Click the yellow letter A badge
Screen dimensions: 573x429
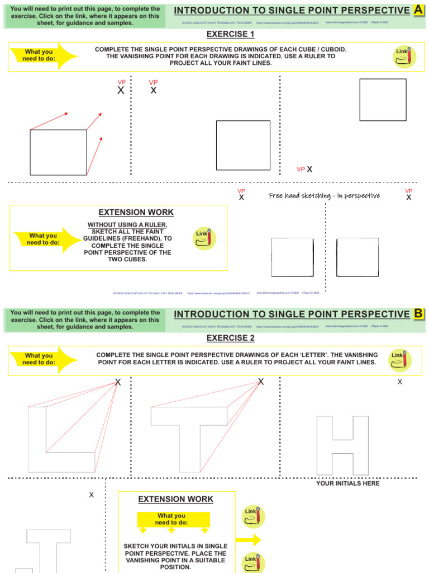pyautogui.click(x=418, y=10)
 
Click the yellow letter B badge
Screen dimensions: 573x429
pyautogui.click(x=418, y=314)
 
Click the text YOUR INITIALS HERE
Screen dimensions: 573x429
pyautogui.click(x=347, y=483)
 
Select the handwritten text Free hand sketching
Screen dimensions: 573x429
pyautogui.click(x=324, y=196)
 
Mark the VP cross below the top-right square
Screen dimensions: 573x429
pyautogui.click(x=310, y=169)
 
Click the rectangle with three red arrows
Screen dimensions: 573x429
pyautogui.click(x=59, y=152)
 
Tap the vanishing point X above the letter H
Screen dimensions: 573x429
pyautogui.click(x=399, y=382)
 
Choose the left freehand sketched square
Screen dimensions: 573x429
pyautogui.click(x=292, y=258)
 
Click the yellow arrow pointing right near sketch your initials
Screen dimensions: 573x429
pyautogui.click(x=248, y=540)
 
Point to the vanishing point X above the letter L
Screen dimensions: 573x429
pyautogui.click(x=117, y=382)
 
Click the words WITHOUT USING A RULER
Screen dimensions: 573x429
pyautogui.click(x=127, y=224)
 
